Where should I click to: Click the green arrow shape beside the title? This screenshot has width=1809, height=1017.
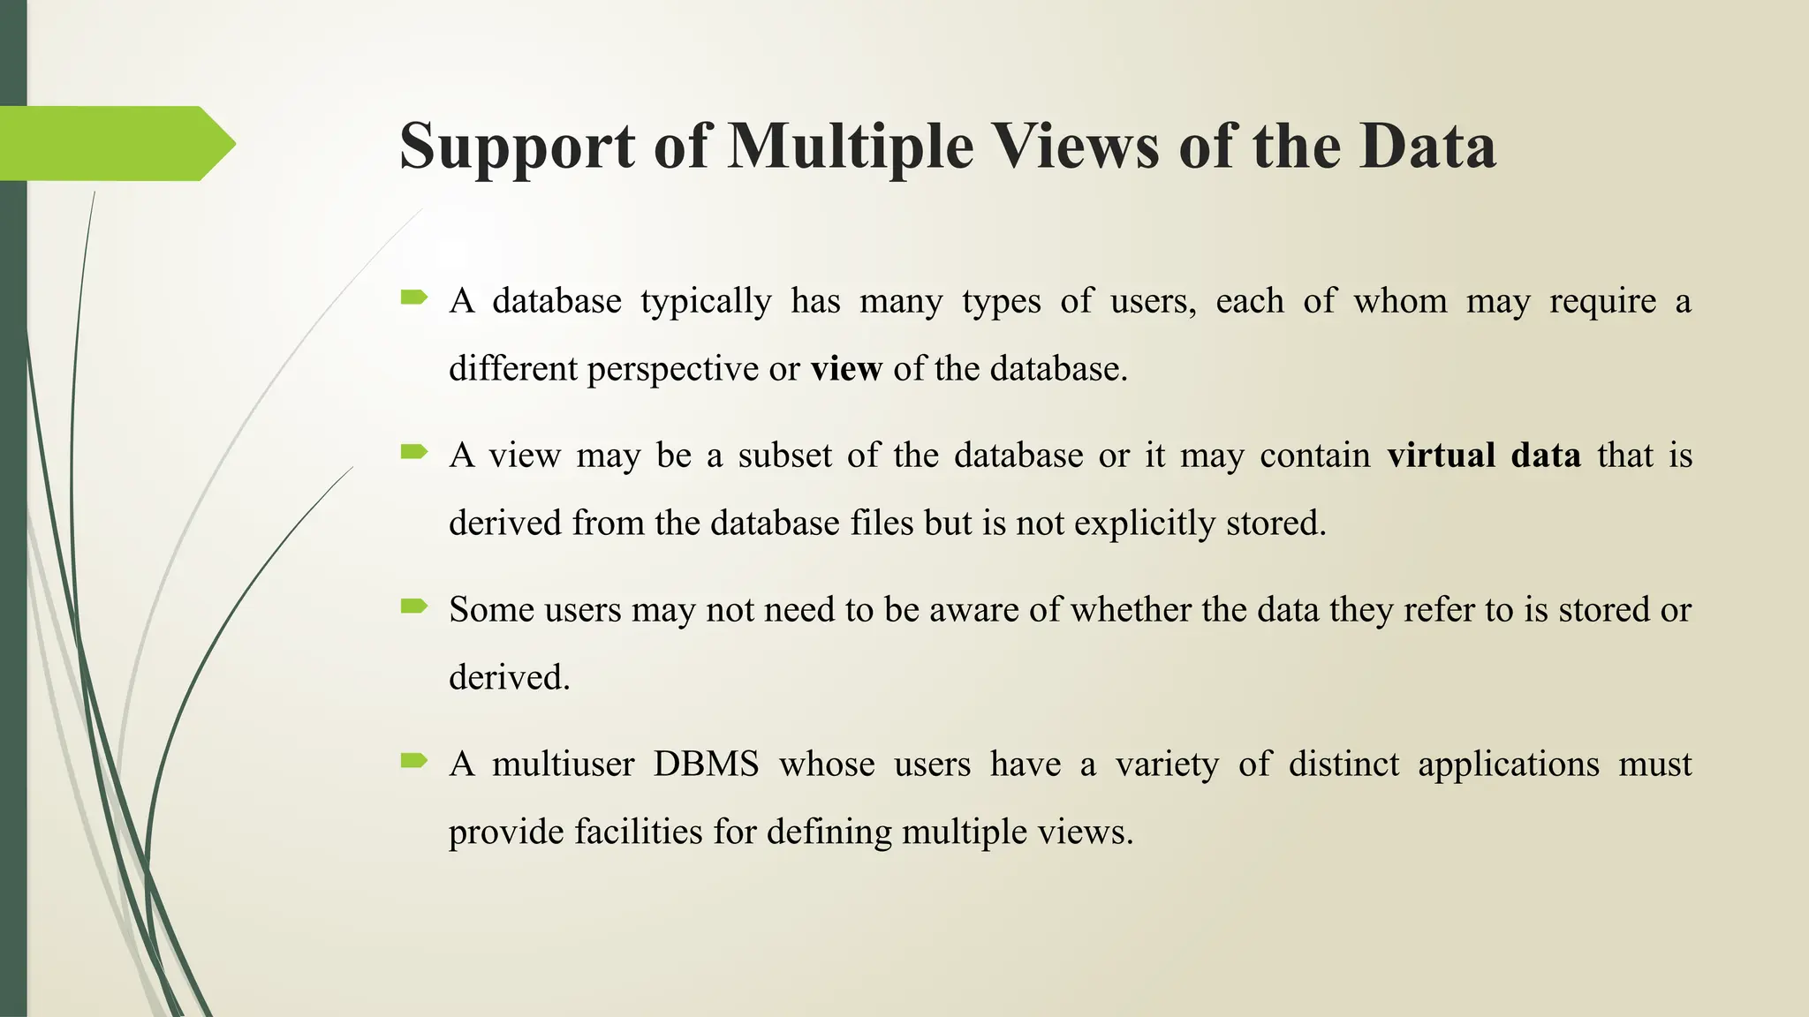pyautogui.click(x=115, y=143)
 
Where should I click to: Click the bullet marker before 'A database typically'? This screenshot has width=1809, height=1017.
pyautogui.click(x=413, y=298)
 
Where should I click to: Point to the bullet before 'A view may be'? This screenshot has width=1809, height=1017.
pyautogui.click(x=413, y=452)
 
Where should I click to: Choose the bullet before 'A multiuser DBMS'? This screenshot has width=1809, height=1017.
pyautogui.click(x=413, y=760)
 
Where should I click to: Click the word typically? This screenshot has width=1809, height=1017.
pyautogui.click(x=706, y=303)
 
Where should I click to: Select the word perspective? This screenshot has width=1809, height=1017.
pyautogui.click(x=672, y=369)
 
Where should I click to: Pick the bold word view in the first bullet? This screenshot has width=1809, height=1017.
pyautogui.click(x=846, y=369)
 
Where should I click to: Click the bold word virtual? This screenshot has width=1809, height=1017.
pyautogui.click(x=1441, y=456)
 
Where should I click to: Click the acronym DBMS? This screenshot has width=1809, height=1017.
pyautogui.click(x=706, y=765)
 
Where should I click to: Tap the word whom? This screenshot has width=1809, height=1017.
pyautogui.click(x=1400, y=302)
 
